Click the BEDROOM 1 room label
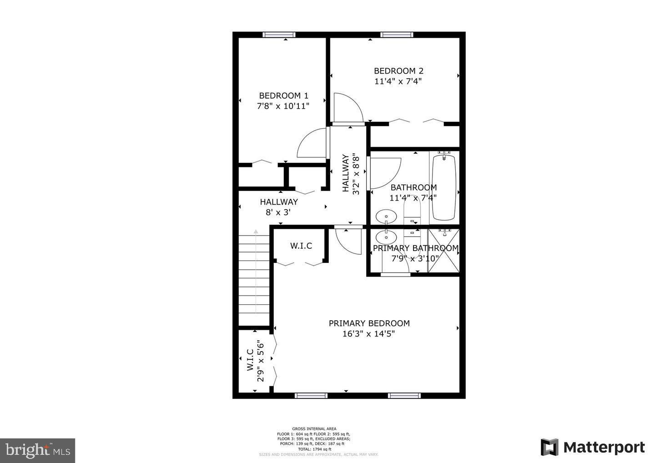283,96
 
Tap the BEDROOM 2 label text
398,71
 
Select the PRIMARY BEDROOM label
369,323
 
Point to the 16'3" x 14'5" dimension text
369,334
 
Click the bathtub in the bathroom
443,187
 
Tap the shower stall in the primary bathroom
443,251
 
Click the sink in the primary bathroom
386,237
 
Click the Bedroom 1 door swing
311,144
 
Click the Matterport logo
593,447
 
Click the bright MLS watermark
37,450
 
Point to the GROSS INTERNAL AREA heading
314,428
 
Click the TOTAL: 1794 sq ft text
314,449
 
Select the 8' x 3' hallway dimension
278,212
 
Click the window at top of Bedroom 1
279,35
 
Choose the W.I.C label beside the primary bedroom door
301,246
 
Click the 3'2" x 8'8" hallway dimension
357,176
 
